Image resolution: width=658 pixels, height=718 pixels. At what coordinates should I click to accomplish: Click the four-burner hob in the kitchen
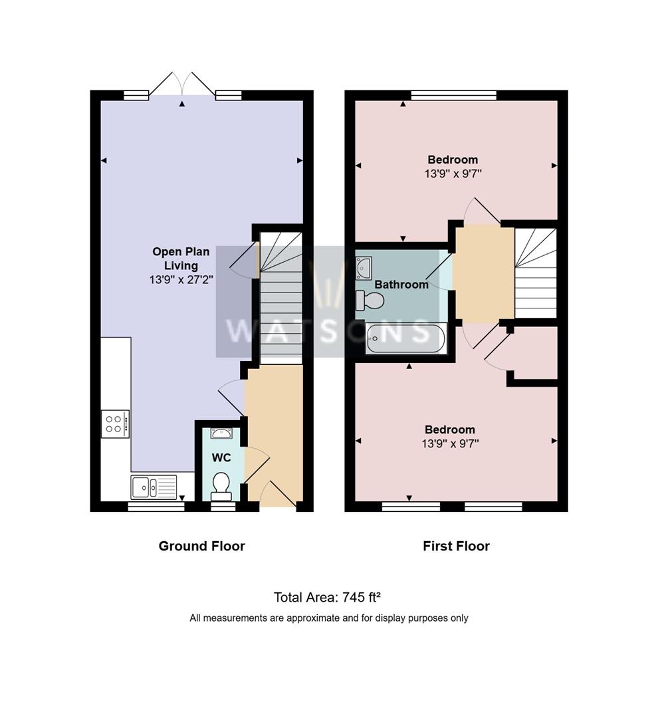click(x=115, y=423)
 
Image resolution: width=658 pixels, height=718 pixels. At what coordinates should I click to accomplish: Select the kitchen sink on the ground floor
click(x=154, y=487)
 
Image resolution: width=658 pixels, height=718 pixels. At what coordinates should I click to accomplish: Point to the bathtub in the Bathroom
click(x=405, y=338)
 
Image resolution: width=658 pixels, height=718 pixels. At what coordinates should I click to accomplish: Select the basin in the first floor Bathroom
click(x=364, y=267)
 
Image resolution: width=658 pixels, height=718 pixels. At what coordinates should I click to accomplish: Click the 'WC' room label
click(x=221, y=458)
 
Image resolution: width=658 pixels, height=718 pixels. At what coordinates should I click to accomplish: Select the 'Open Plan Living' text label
click(x=181, y=259)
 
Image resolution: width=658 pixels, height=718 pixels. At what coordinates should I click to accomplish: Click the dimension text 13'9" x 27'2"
click(x=181, y=281)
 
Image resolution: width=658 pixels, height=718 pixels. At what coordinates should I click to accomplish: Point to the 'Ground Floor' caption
click(x=201, y=546)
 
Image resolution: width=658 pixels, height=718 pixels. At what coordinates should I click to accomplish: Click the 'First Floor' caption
click(x=456, y=546)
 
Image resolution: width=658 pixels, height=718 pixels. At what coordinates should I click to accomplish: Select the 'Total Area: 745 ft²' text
click(x=328, y=597)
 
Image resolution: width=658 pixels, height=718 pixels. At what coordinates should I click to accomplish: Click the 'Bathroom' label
click(x=401, y=285)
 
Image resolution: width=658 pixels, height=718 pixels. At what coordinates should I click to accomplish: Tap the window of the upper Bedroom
click(x=453, y=95)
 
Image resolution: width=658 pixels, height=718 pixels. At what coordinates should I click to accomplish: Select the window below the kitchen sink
click(x=156, y=507)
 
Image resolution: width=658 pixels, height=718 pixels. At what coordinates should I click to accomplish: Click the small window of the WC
click(x=222, y=507)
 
